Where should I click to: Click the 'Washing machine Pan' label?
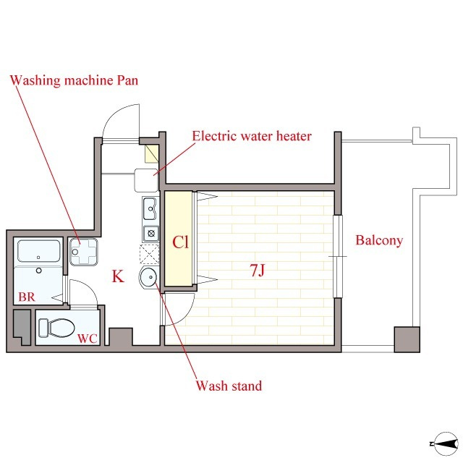tap(74, 80)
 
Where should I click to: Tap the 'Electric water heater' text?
tap(252, 136)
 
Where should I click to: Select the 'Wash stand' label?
tap(229, 386)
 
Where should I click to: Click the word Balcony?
tap(379, 240)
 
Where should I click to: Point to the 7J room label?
tap(258, 270)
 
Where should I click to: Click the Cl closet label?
tap(180, 242)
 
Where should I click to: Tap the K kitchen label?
tap(118, 276)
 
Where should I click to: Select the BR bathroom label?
tap(27, 297)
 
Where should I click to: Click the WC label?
tap(88, 339)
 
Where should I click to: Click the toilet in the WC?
tap(56, 328)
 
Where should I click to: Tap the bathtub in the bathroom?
tap(38, 251)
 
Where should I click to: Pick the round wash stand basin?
tap(149, 277)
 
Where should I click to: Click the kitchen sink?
tap(150, 209)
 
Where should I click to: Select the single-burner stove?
tap(151, 234)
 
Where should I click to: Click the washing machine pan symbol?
tap(84, 252)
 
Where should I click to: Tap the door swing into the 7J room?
tap(184, 316)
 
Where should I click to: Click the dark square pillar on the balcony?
tap(407, 339)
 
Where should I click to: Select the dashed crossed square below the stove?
tap(150, 254)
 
